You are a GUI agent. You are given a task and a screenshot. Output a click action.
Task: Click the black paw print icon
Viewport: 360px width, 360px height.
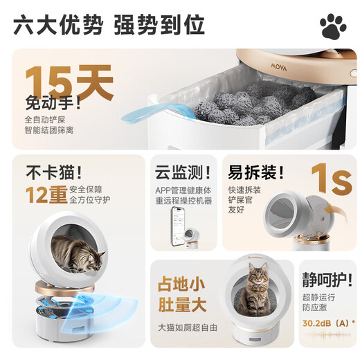click(x=333, y=26)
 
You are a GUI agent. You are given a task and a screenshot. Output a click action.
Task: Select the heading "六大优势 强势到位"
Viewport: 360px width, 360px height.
click(x=109, y=25)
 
